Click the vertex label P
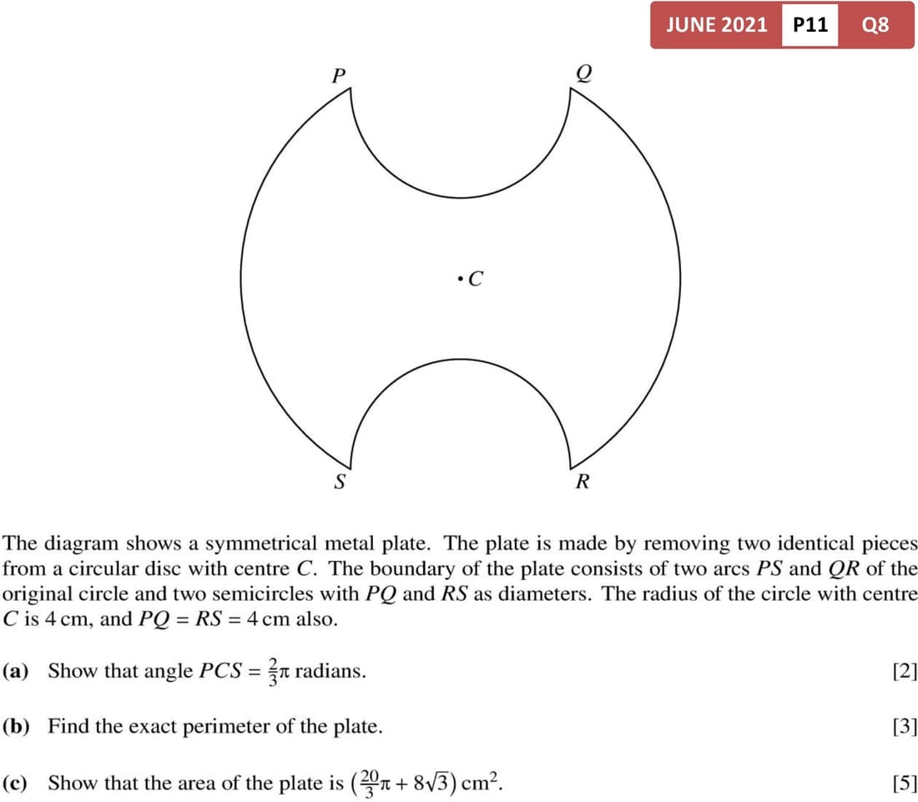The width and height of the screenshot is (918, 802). click(x=338, y=75)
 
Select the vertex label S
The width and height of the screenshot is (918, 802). click(x=339, y=482)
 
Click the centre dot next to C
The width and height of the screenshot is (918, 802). click(x=460, y=278)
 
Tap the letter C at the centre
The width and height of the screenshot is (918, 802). click(x=476, y=279)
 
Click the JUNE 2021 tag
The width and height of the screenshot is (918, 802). click(x=716, y=25)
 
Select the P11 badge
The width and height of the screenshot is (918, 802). click(x=810, y=25)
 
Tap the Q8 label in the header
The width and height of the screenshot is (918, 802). click(x=875, y=25)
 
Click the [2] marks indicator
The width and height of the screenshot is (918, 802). click(x=904, y=671)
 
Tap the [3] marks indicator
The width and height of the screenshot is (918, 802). click(x=904, y=726)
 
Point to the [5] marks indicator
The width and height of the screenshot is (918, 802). click(x=904, y=783)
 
